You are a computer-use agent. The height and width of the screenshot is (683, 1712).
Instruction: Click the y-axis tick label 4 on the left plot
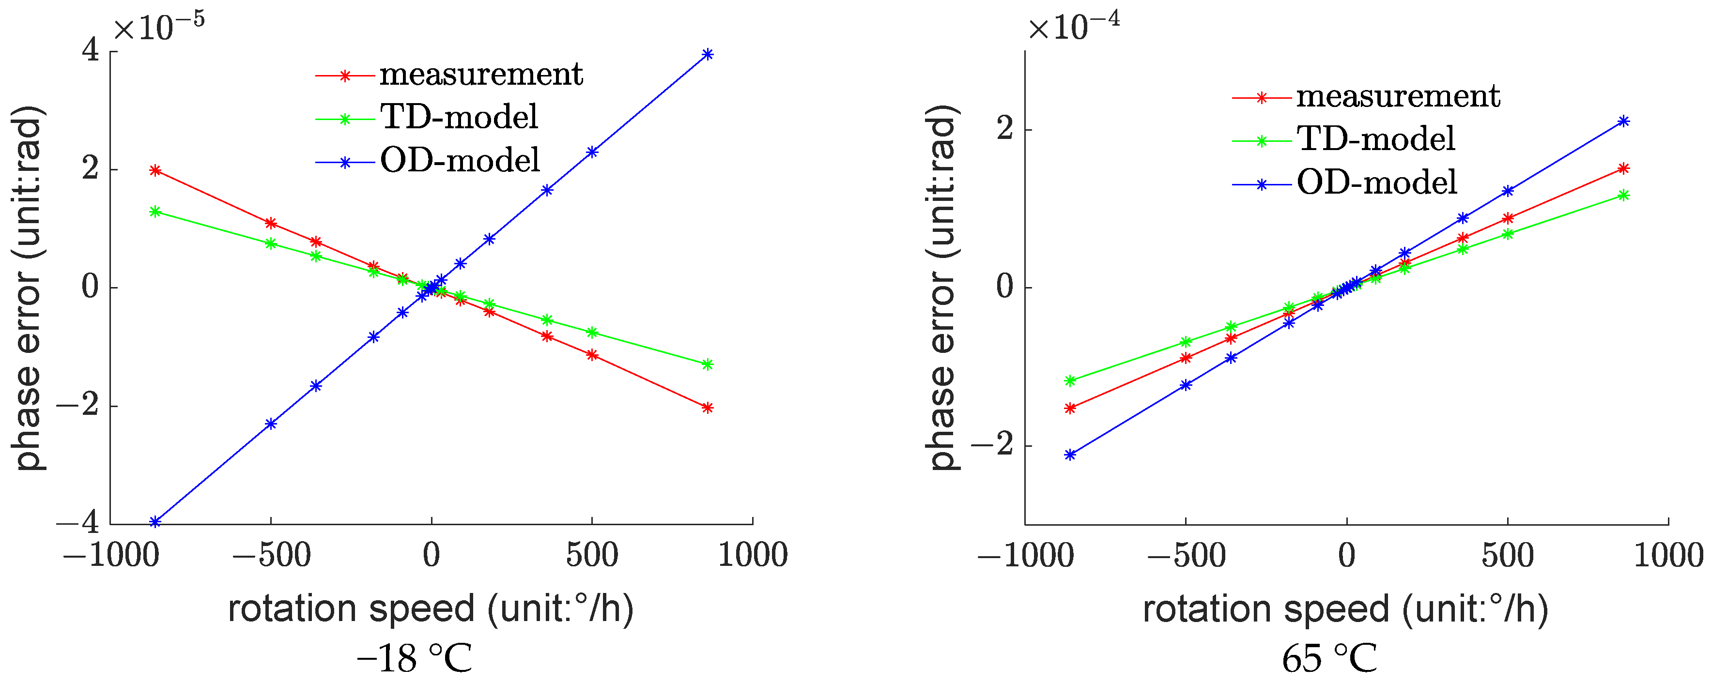[91, 51]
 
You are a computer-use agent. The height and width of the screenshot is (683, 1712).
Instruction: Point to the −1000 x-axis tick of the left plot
[111, 555]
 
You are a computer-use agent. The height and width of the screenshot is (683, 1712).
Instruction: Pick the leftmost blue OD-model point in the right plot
[1070, 455]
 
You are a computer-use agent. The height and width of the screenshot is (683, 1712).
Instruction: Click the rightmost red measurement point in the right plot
[1623, 169]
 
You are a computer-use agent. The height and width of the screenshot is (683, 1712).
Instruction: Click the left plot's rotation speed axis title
[431, 608]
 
